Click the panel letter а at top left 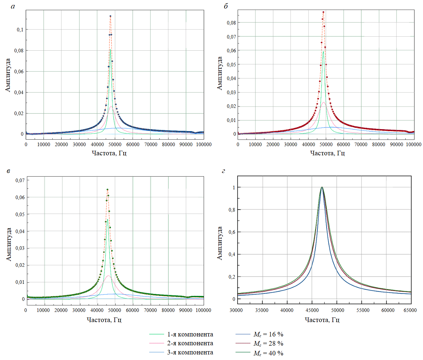[13, 7]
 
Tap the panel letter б [226, 7]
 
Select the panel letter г [223, 171]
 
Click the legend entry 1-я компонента [190, 334]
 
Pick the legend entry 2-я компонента [190, 343]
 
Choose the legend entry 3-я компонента [190, 352]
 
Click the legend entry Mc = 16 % [268, 334]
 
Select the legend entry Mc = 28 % [268, 344]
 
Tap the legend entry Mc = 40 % [268, 353]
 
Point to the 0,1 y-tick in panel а [20, 30]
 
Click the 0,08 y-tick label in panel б [231, 23]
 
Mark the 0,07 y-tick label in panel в [20, 180]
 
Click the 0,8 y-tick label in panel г [232, 210]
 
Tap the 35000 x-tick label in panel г [262, 310]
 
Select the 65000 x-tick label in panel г [410, 310]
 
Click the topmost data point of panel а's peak [110, 16]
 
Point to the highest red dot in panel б [323, 12]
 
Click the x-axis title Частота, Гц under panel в [104, 320]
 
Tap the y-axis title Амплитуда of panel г [220, 243]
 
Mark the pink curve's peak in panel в [108, 276]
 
